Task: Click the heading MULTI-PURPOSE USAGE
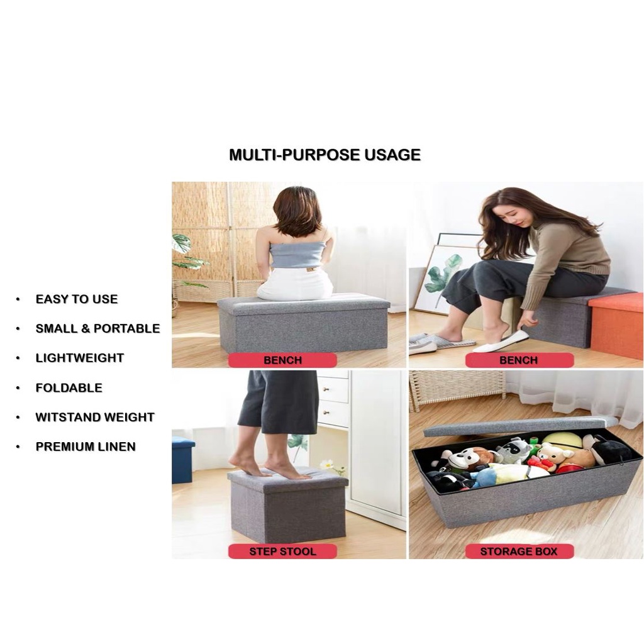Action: [325, 155]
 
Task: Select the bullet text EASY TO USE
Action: [77, 299]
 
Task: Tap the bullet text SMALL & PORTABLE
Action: [97, 328]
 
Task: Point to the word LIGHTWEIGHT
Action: [80, 358]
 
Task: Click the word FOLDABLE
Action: [69, 387]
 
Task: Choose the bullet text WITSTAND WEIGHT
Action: [95, 418]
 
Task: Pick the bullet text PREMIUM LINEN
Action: [86, 447]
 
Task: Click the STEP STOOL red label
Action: [282, 551]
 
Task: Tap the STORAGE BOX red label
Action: [519, 551]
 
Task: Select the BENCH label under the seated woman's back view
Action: [282, 360]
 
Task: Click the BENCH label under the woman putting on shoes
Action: [519, 360]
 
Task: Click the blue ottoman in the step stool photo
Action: [183, 460]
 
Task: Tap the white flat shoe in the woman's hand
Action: [501, 341]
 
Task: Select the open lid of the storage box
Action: [520, 426]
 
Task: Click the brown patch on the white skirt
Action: [311, 269]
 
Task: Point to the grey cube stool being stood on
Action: [287, 505]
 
